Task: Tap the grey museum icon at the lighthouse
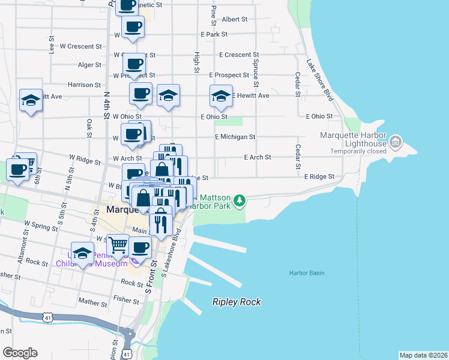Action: tap(396, 142)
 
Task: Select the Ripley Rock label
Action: tap(237, 302)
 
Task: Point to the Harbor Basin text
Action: tap(307, 273)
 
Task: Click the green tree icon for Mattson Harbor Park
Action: tap(240, 199)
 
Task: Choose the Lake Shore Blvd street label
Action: tap(319, 79)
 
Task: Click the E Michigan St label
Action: tap(235, 137)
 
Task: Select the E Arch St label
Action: tap(257, 157)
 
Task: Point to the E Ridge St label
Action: tap(318, 177)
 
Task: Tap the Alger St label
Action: tap(89, 65)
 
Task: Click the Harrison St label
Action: tap(84, 85)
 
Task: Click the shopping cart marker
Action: tap(118, 244)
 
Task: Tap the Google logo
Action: tap(20, 353)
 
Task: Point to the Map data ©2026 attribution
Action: tap(423, 355)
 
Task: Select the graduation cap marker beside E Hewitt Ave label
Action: tap(221, 96)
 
